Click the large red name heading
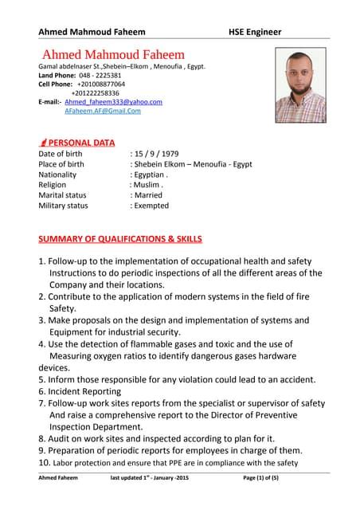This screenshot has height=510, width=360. point(113,54)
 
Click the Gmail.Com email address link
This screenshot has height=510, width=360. point(102,112)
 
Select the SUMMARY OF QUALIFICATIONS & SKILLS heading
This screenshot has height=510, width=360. point(120,238)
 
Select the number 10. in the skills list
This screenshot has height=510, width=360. point(45,462)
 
